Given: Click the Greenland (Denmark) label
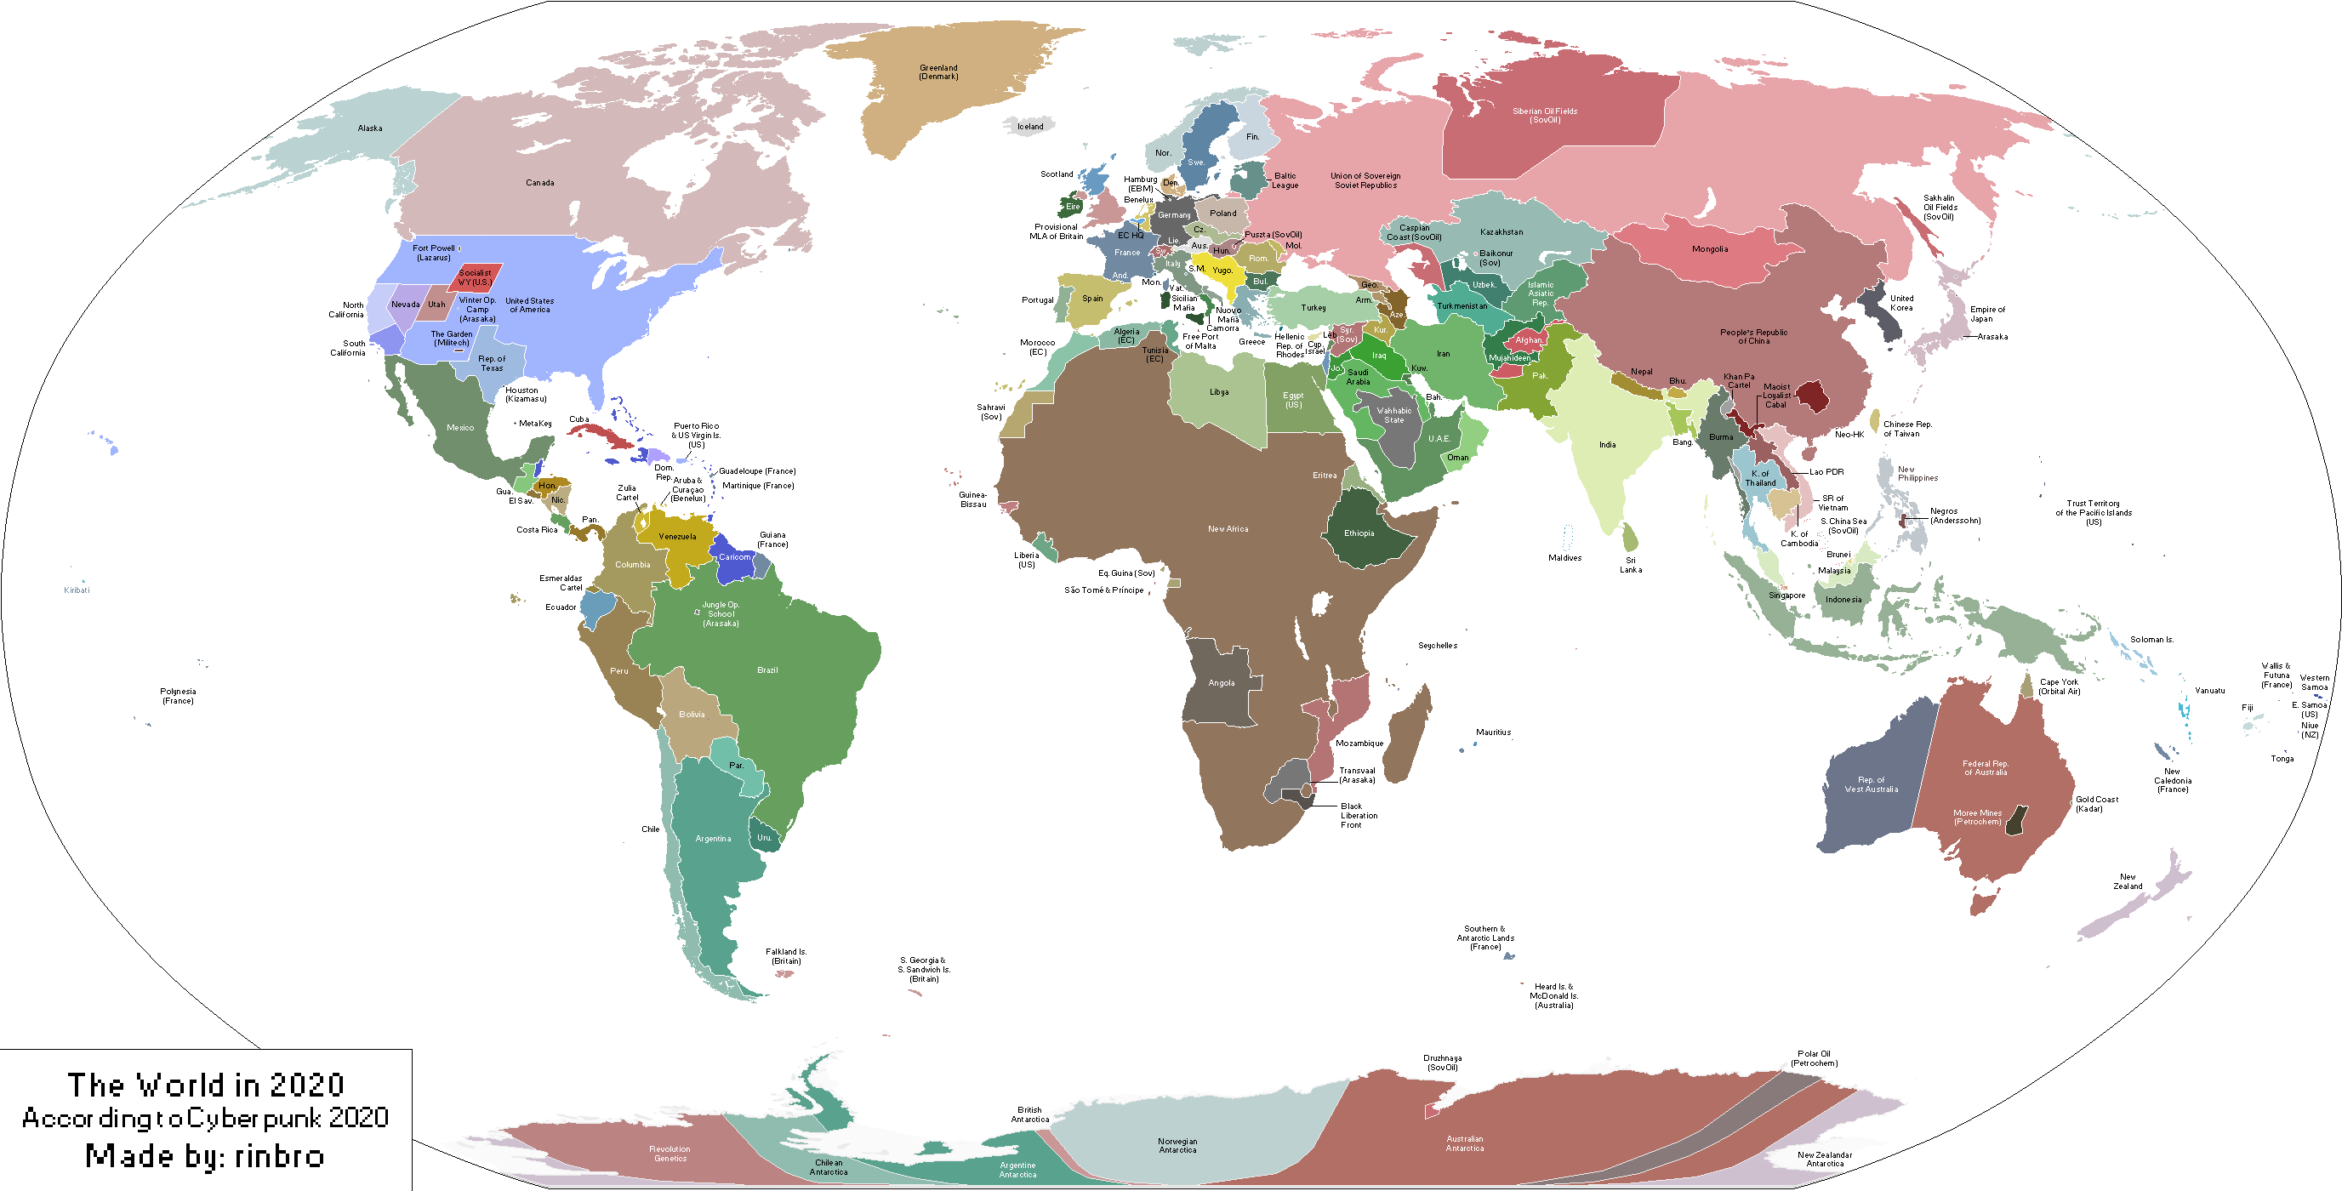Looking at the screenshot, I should click(938, 71).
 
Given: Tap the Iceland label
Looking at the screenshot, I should click(1030, 127).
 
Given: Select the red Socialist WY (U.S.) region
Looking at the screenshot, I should click(475, 277).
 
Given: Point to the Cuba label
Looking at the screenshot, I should click(579, 419).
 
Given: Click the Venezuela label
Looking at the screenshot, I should click(677, 537).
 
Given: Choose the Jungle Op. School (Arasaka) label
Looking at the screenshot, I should click(721, 613).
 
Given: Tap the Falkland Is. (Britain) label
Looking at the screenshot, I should click(786, 955).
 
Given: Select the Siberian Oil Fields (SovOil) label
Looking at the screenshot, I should click(1545, 116).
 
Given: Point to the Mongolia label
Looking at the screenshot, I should click(1710, 249).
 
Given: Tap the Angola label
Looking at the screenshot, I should click(1221, 683).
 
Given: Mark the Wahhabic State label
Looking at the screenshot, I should click(1393, 415).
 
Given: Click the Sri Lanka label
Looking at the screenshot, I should click(1630, 565).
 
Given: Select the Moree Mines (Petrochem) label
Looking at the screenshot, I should click(1977, 818).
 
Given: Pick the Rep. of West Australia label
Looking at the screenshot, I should click(1871, 784).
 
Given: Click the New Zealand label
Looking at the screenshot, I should click(2128, 881).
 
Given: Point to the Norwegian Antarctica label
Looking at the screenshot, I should click(1177, 1146).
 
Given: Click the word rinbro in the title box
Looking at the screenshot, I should click(279, 1155).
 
